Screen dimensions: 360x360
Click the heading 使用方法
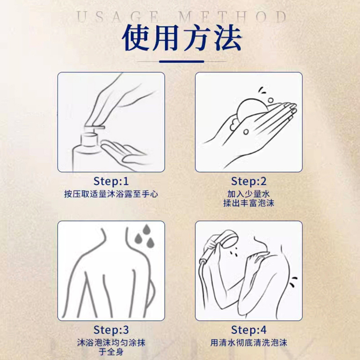[182, 37]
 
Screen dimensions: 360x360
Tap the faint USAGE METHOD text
[181, 17]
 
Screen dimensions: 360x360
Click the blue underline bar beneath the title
[182, 62]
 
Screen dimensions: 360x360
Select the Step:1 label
[111, 181]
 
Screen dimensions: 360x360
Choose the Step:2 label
[249, 181]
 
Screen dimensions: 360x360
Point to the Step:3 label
[111, 330]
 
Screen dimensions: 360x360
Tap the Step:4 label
[249, 330]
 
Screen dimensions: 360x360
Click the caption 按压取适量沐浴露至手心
[111, 194]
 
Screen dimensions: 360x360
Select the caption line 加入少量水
[249, 194]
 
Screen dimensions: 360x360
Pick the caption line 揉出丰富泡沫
[249, 203]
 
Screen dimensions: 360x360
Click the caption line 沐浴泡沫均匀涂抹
[111, 343]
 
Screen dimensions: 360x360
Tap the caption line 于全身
[111, 352]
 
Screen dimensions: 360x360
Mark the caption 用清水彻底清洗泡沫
[249, 343]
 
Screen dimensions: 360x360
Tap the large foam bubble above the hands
[252, 110]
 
